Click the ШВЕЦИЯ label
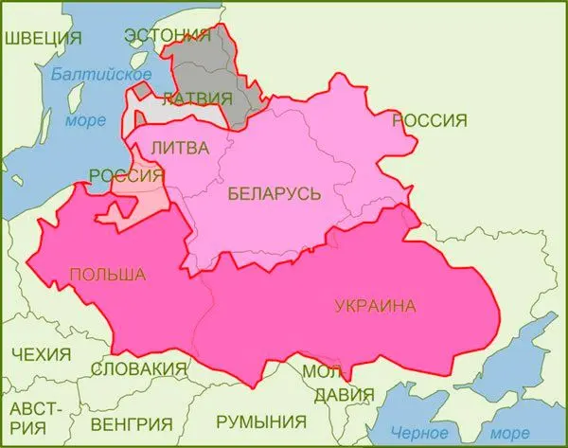(x=44, y=38)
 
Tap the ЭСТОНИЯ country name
(x=168, y=36)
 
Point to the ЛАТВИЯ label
(x=197, y=98)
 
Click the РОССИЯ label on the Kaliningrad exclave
(x=126, y=175)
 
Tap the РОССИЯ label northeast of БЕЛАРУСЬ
(x=430, y=120)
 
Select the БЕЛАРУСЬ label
(x=275, y=194)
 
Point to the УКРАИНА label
(x=375, y=305)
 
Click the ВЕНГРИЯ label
(x=133, y=422)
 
